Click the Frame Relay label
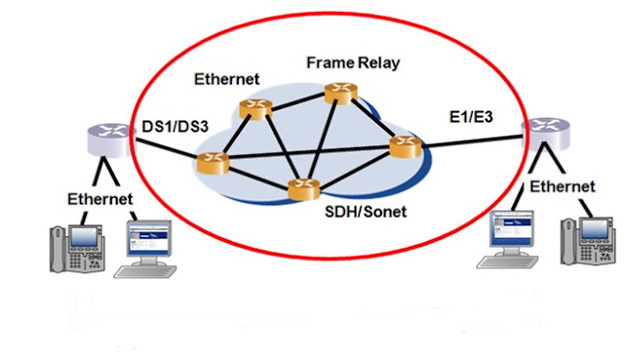353,62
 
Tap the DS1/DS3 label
175,127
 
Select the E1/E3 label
471,117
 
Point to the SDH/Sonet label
366,212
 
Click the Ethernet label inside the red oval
227,79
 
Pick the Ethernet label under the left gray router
99,199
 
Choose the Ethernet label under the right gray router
563,186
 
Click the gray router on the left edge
110,140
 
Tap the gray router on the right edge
546,134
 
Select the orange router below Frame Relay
341,94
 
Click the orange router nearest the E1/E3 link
406,147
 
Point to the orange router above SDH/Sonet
304,189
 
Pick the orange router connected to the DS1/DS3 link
214,163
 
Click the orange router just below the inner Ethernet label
255,109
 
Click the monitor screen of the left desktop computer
148,239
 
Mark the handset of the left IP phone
58,250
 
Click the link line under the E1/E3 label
472,141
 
